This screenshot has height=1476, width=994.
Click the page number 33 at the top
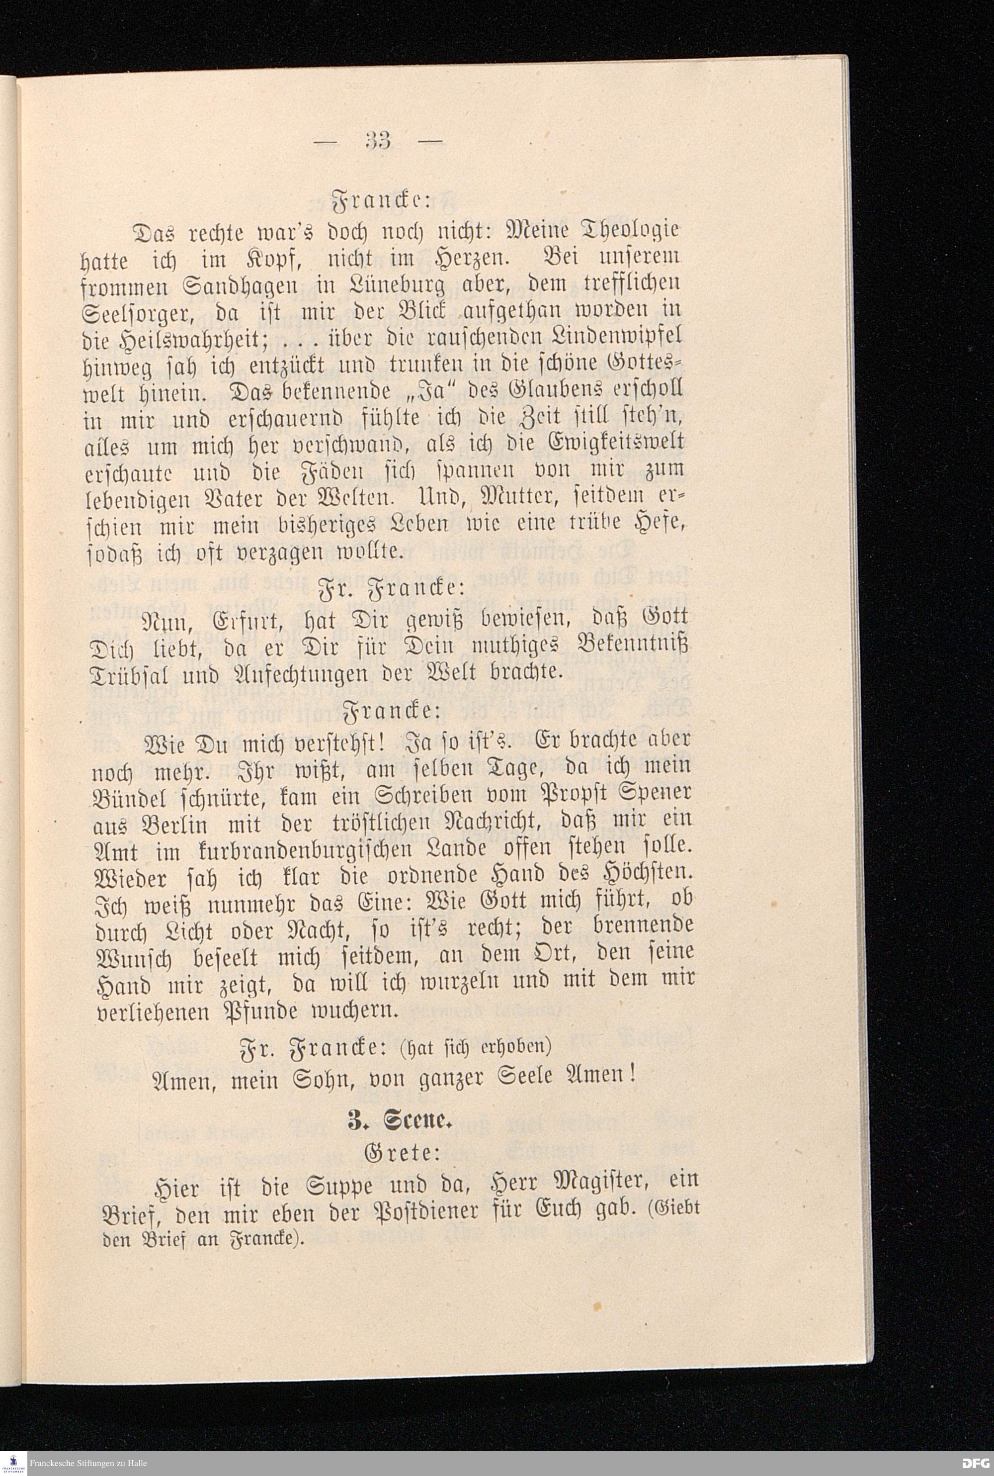378,140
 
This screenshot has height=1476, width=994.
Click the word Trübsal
131,672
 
